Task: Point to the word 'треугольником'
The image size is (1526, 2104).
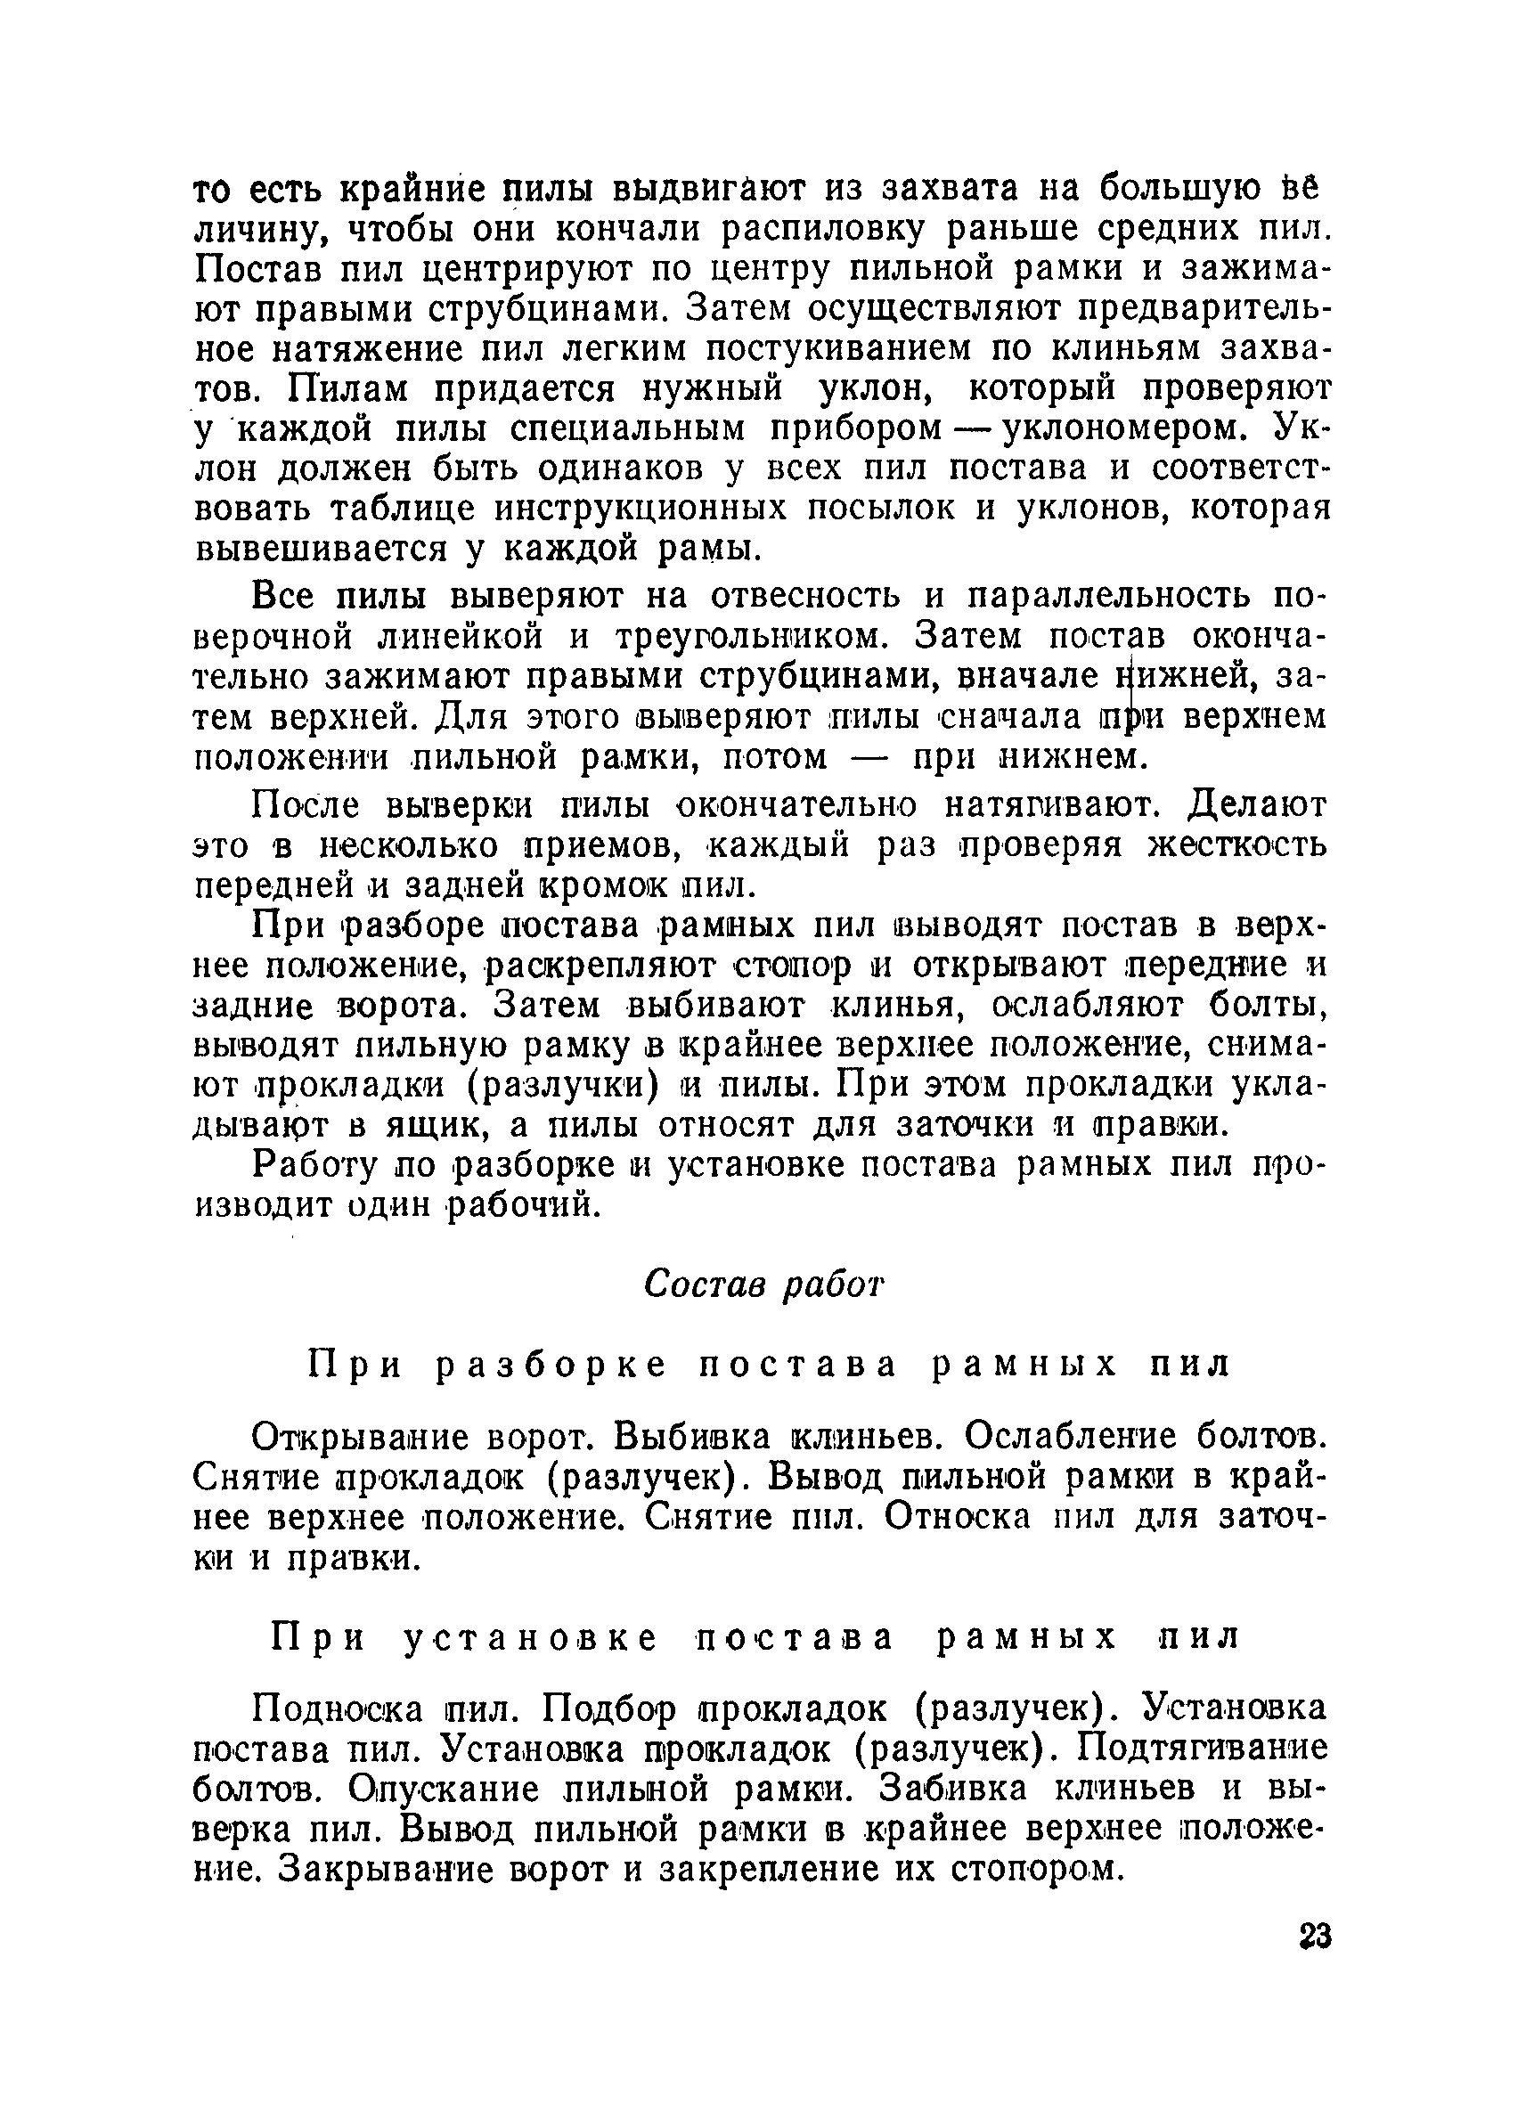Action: [755, 637]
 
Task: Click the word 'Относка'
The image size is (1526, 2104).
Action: [957, 1518]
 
